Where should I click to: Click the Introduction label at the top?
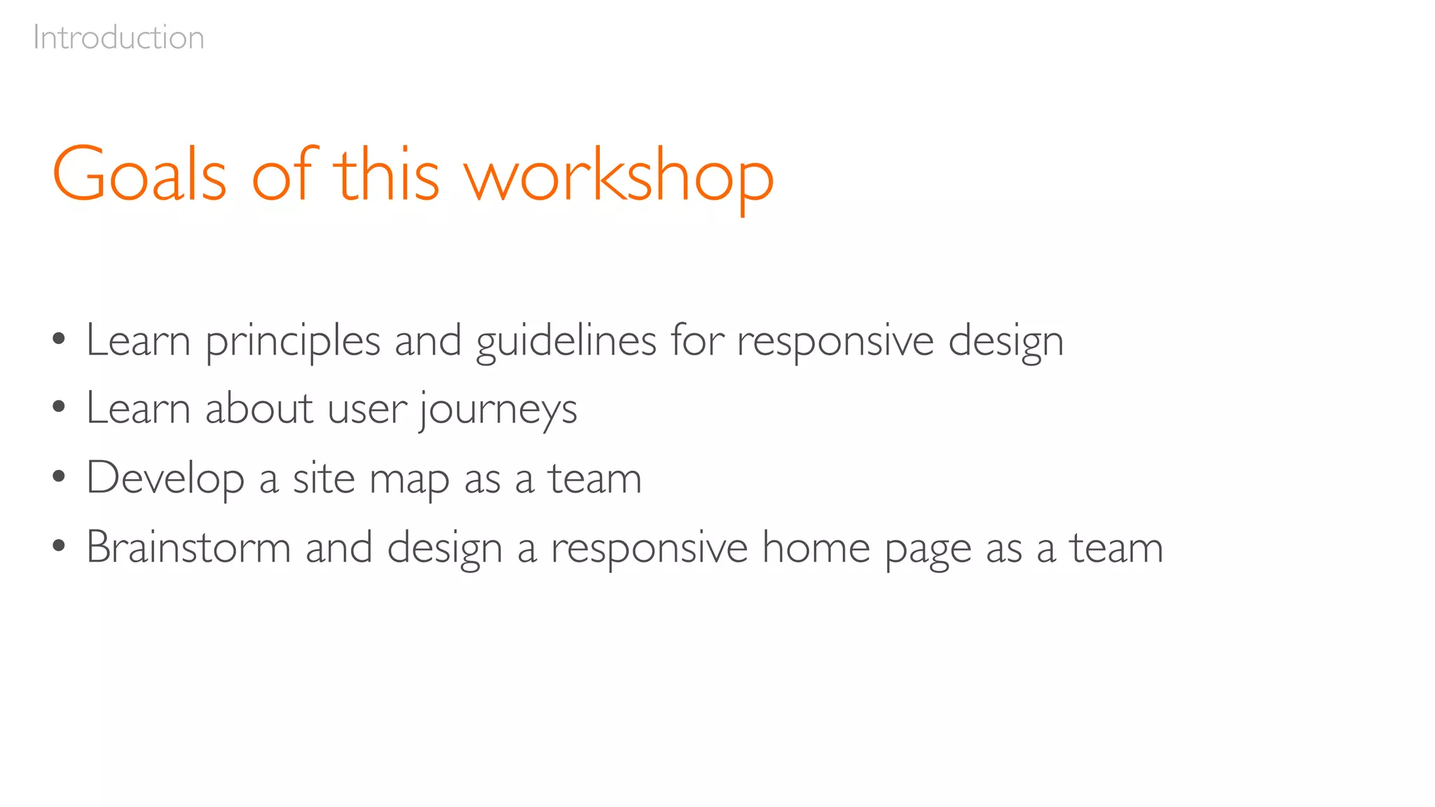coord(118,38)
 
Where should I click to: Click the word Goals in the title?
coord(139,174)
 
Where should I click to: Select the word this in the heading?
coord(386,174)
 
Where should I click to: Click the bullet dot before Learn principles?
coord(59,340)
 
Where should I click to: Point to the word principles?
coord(292,343)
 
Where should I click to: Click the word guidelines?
coord(565,343)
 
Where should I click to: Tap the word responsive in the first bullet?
coord(835,343)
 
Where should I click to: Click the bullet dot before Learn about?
coord(59,406)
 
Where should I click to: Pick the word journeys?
coord(498,411)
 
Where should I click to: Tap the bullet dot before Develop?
coord(59,476)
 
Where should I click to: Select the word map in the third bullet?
coord(409,482)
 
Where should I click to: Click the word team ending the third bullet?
coord(594,479)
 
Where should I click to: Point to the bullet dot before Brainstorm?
coord(59,545)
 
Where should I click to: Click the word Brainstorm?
coord(188,547)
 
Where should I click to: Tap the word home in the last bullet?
coord(816,547)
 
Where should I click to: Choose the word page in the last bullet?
coord(928,551)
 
